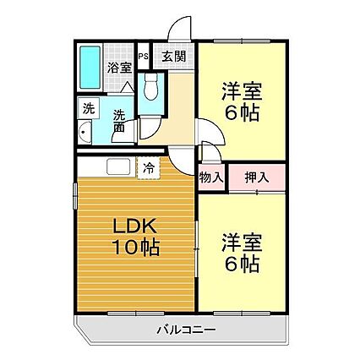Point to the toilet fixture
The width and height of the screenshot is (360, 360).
pos(151,85)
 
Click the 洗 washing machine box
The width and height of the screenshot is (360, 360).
pos(87,109)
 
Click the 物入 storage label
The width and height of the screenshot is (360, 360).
pos(210,179)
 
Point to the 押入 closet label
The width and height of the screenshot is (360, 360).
pos(255,178)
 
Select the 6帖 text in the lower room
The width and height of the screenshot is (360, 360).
pos(240,264)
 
